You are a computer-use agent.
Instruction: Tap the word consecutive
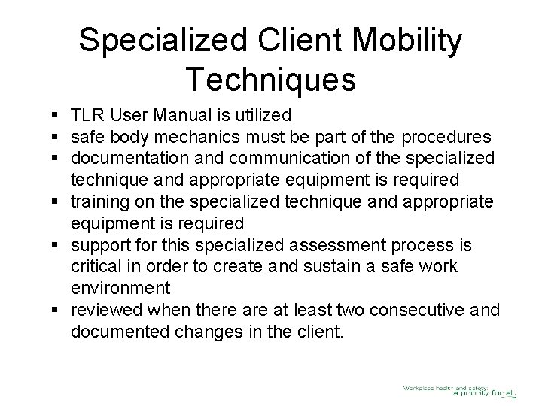(410, 311)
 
